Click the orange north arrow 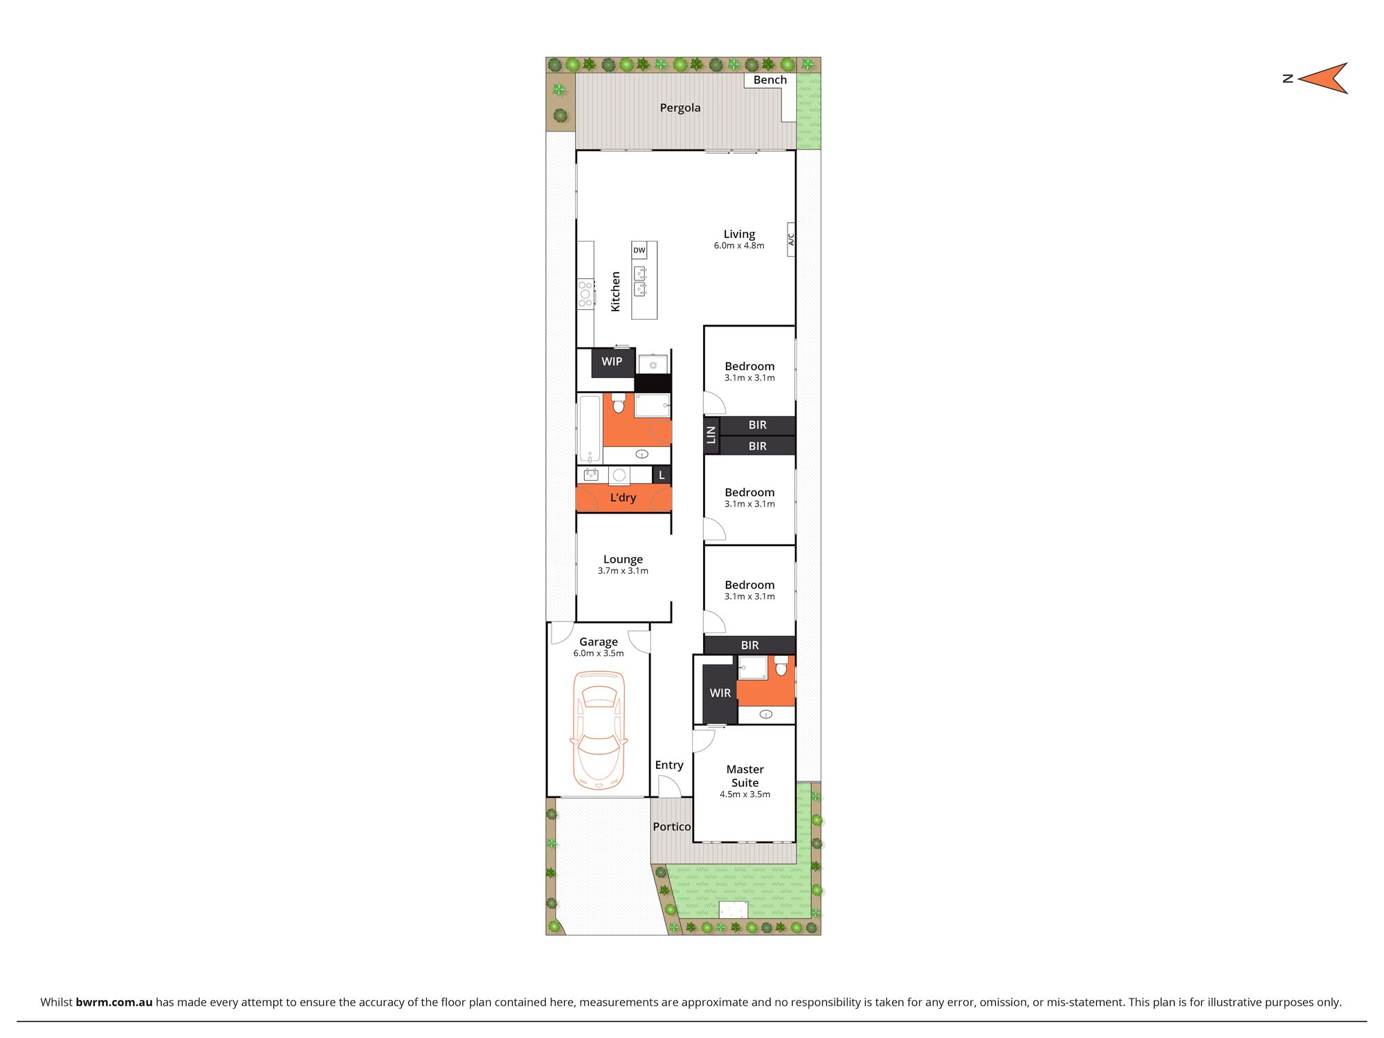tap(1324, 78)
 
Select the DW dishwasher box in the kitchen tap(639, 251)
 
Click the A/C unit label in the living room tap(791, 239)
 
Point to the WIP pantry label tap(612, 361)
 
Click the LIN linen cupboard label tap(711, 435)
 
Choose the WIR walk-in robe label tap(720, 693)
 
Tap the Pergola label tap(680, 108)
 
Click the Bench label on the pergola tap(770, 80)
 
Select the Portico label tap(671, 827)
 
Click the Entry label tap(669, 765)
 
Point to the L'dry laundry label tap(623, 498)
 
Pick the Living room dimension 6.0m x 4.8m tap(739, 246)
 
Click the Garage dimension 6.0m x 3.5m tap(599, 653)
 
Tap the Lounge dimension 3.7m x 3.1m tap(623, 571)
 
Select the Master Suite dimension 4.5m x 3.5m tap(745, 794)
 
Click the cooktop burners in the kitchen tap(585, 293)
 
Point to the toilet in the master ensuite tap(781, 667)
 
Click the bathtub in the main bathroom tap(590, 429)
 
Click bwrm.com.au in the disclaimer tap(114, 1002)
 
